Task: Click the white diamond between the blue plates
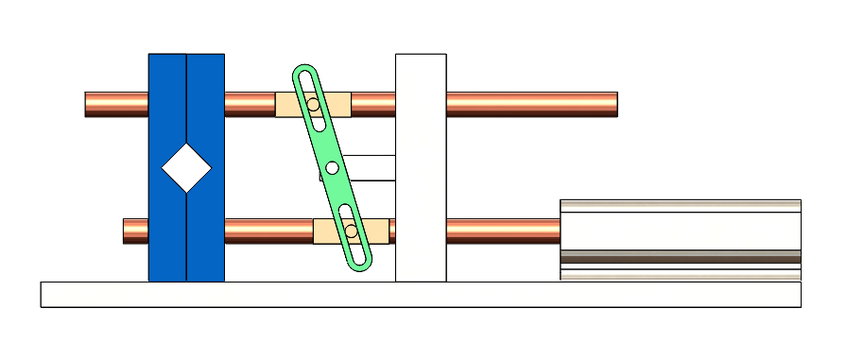pos(186,168)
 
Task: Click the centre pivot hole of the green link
pos(332,167)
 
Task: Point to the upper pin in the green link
pos(313,104)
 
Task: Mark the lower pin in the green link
pos(351,231)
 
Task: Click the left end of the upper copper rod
pos(91,104)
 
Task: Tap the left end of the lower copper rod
pos(129,231)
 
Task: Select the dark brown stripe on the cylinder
pos(681,256)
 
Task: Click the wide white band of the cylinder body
pos(681,231)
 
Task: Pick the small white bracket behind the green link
pos(373,167)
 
